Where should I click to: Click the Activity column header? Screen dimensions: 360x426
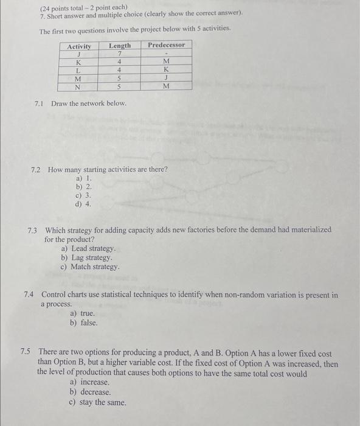click(79, 46)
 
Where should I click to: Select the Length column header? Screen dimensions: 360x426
click(120, 46)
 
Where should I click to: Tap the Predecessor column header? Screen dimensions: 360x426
click(166, 45)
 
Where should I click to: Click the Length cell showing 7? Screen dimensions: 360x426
click(120, 54)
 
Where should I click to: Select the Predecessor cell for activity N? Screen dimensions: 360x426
click(166, 86)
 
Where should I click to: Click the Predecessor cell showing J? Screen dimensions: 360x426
click(166, 78)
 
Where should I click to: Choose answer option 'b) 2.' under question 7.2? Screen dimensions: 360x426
click(84, 187)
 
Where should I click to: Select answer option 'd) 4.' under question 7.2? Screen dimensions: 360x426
click(84, 204)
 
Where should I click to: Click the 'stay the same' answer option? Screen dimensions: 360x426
click(98, 402)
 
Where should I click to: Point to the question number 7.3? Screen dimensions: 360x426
click(33, 230)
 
